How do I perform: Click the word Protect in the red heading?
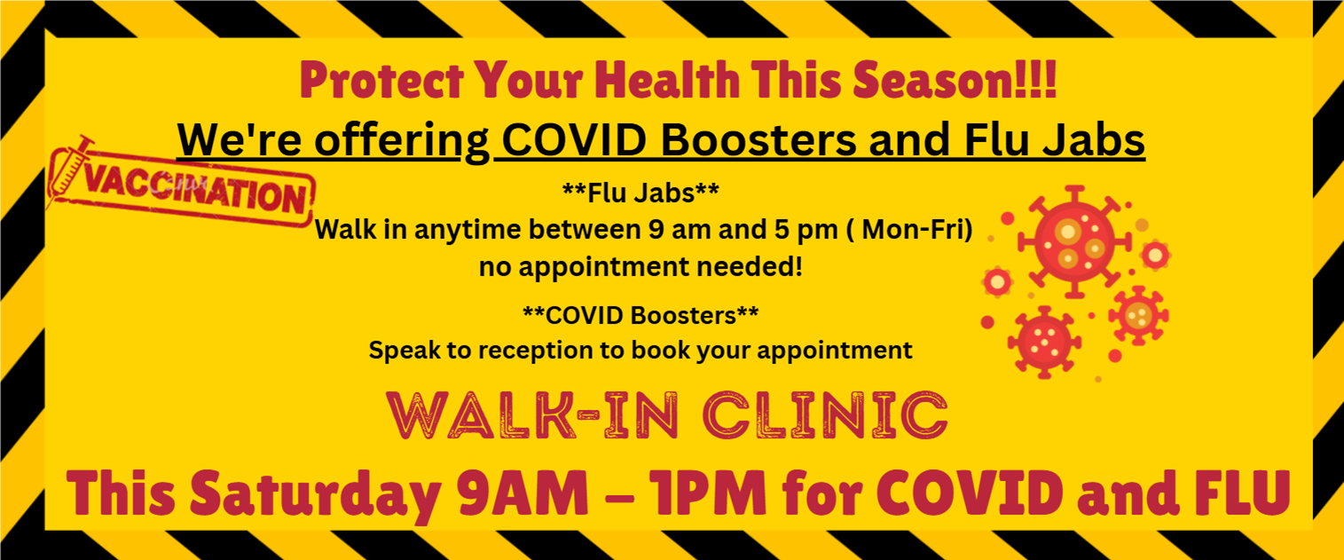point(382,81)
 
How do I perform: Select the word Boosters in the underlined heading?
point(759,140)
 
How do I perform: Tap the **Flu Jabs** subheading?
point(641,193)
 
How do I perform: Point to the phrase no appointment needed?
point(641,267)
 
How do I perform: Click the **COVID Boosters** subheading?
point(641,315)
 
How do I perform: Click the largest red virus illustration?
point(1074,242)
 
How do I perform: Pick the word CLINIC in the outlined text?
point(825,415)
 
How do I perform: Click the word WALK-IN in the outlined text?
point(533,415)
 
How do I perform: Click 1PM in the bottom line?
point(710,493)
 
